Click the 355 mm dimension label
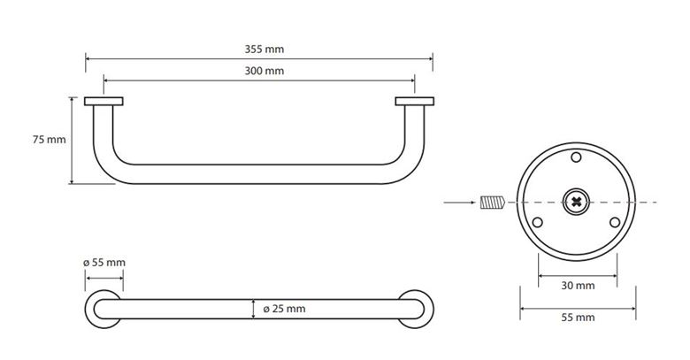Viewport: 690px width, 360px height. pyautogui.click(x=264, y=50)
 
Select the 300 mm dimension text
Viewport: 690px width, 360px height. pyautogui.click(x=264, y=71)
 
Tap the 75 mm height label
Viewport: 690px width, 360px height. pyautogui.click(x=50, y=140)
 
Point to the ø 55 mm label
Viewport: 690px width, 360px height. pyautogui.click(x=104, y=263)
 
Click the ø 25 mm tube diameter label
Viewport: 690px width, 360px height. pyautogui.click(x=284, y=309)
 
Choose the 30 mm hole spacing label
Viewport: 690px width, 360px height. pyautogui.click(x=578, y=286)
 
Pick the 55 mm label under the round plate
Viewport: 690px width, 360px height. pyautogui.click(x=578, y=318)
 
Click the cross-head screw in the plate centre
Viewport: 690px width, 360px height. pyautogui.click(x=576, y=202)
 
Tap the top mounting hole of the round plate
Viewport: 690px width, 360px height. pyautogui.click(x=576, y=157)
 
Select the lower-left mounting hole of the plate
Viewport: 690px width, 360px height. pyautogui.click(x=537, y=222)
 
